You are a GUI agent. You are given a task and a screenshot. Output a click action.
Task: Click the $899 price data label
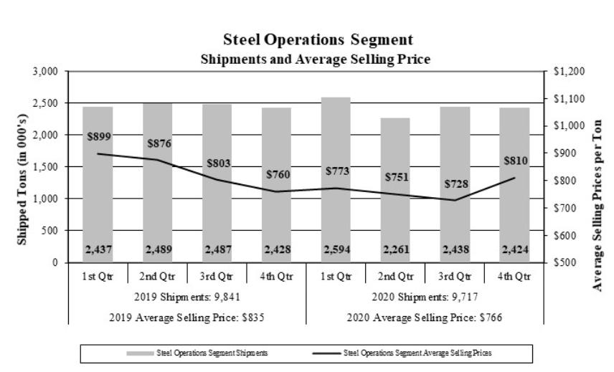(99, 137)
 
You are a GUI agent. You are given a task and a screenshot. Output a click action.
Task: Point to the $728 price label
(457, 184)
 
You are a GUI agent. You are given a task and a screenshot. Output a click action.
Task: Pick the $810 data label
(516, 161)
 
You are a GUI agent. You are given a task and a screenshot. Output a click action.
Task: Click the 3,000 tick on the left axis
(46, 72)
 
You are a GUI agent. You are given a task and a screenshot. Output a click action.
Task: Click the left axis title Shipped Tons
(22, 167)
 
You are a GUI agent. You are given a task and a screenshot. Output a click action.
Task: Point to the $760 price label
(278, 174)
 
